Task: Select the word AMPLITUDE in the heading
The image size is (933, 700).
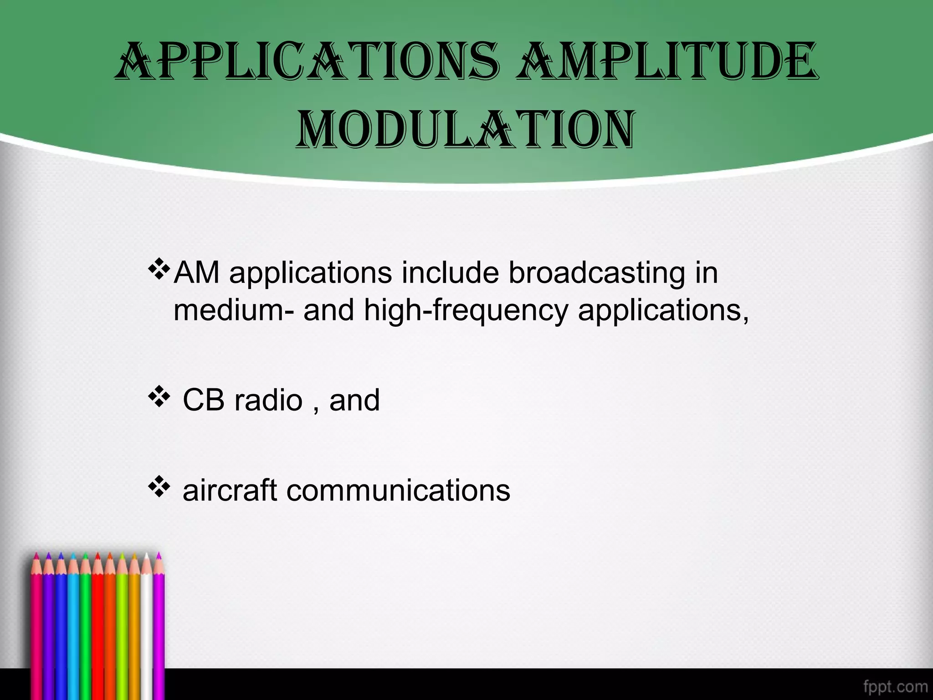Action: coord(667,62)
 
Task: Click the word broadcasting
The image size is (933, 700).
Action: coord(596,273)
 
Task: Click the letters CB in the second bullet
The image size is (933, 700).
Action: coord(204,400)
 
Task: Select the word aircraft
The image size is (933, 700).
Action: coord(230,491)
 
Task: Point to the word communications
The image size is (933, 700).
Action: coord(398,491)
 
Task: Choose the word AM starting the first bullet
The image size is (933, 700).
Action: coord(196,273)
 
